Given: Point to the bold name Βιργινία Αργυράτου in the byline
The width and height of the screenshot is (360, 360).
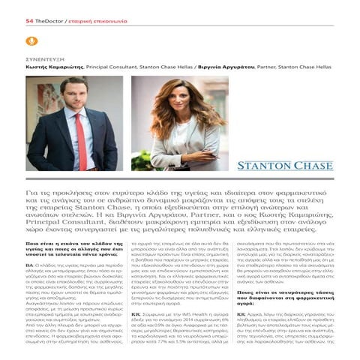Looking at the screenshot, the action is (223, 67).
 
